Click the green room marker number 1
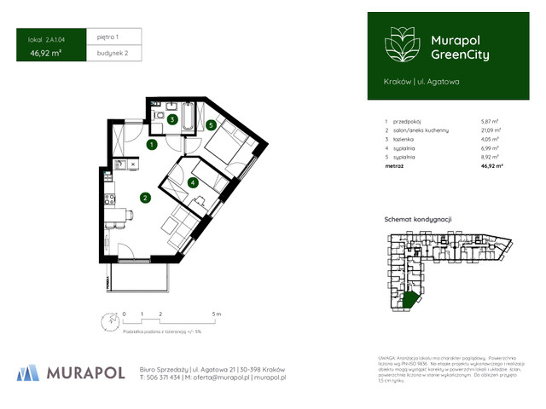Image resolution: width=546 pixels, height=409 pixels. click(x=151, y=146)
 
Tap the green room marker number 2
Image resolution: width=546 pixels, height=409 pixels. click(x=146, y=199)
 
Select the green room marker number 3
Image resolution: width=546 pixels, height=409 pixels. click(x=171, y=120)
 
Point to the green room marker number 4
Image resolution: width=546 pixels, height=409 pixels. click(x=194, y=181)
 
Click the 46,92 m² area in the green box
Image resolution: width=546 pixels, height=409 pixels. click(x=44, y=53)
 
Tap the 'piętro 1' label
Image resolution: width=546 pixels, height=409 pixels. click(x=107, y=37)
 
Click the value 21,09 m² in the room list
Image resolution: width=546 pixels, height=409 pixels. click(x=491, y=130)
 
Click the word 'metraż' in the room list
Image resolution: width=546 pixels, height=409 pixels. click(x=395, y=167)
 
